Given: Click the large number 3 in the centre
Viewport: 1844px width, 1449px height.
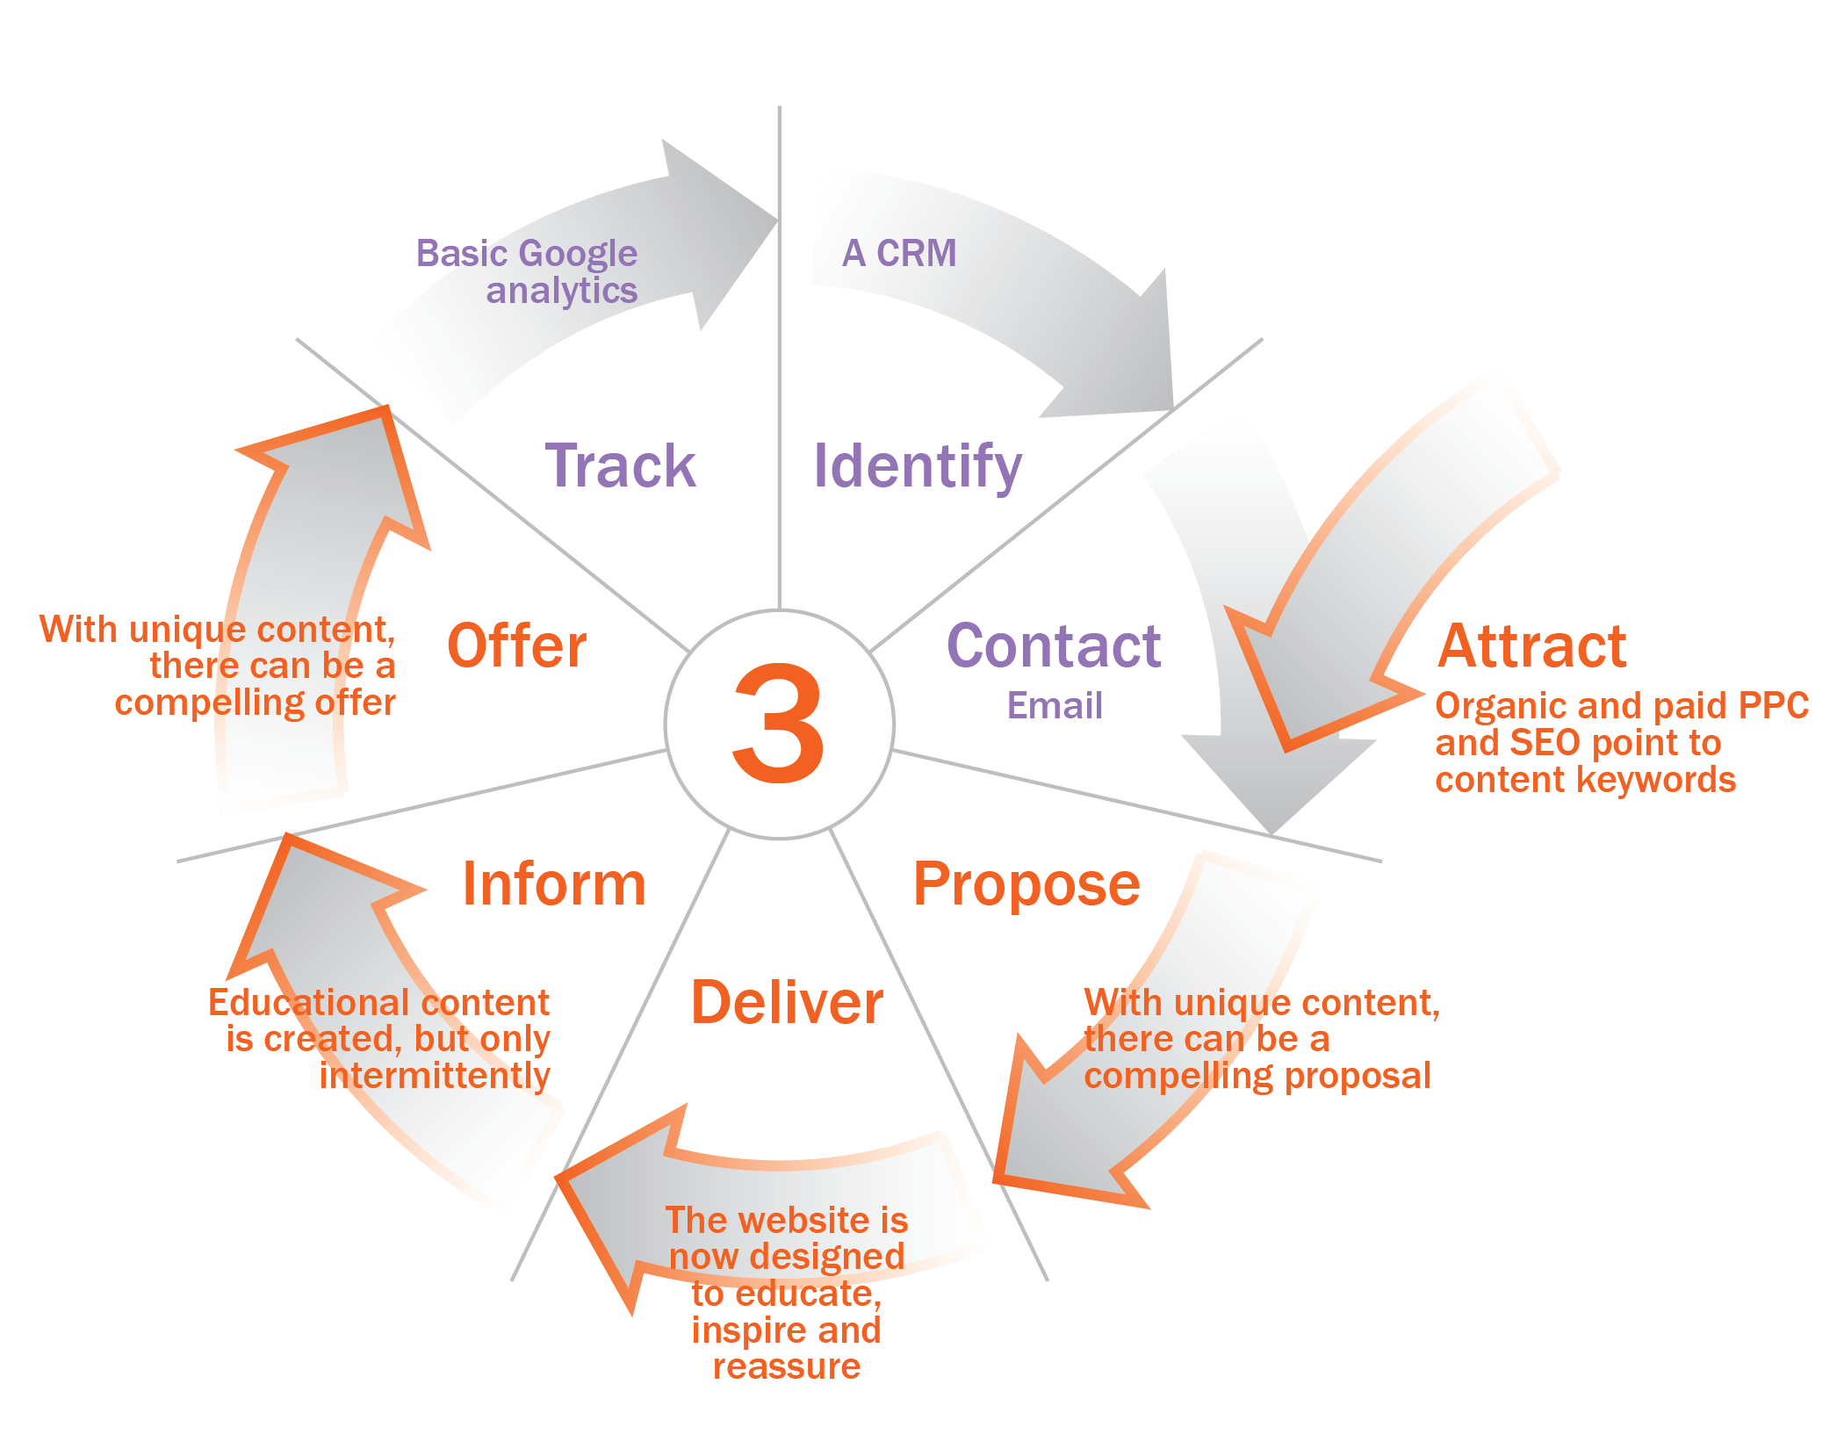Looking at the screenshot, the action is pos(779,723).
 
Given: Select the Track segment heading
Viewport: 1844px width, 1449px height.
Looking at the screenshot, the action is pos(621,465).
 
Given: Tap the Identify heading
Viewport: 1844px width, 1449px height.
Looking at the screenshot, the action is pos(918,468).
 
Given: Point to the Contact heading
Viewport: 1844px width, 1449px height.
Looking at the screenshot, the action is pos(1054,645).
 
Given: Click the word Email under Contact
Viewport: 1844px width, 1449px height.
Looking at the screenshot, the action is pos(1055,705).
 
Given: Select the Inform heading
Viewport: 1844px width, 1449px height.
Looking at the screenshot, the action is pos(554,883).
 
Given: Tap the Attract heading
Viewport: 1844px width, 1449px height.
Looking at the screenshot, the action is pos(1532,645).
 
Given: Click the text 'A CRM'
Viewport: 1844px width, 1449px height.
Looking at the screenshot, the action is pos(899,253).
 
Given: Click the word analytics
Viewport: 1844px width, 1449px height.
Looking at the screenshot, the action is pos(562,292).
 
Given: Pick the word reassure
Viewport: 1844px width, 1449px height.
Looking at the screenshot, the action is pos(787,1367).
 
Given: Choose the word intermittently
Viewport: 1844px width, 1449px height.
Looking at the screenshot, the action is pos(435,1076).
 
